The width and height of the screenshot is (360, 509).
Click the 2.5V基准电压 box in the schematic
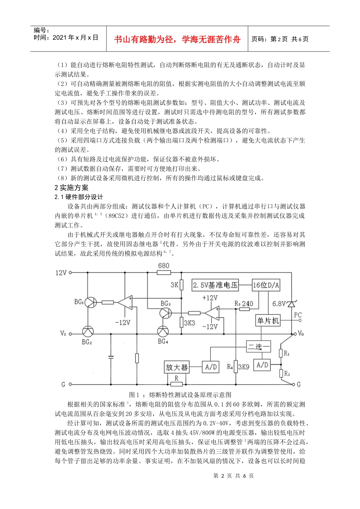pos(215,285)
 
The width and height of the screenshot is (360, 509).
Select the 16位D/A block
pos(266,285)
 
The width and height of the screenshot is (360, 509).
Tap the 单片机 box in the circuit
pos(268,321)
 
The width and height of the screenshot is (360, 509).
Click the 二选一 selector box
pos(259,346)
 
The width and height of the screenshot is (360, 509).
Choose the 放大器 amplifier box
pos(177,367)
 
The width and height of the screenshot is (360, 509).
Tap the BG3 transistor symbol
pos(165,313)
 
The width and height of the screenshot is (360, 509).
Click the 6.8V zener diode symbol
pos(291,304)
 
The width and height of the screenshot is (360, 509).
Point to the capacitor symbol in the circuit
pos(111,357)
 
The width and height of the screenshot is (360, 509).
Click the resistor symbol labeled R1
pos(281,353)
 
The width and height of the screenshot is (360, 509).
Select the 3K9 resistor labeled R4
pos(235,367)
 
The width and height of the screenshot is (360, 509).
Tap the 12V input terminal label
pos(61,273)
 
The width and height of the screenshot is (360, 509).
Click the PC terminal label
pos(298,315)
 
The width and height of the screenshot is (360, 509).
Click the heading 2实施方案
pos(71,187)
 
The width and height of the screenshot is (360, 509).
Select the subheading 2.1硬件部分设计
pos(79,197)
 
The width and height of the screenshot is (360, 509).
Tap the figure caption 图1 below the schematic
pos(180,395)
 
